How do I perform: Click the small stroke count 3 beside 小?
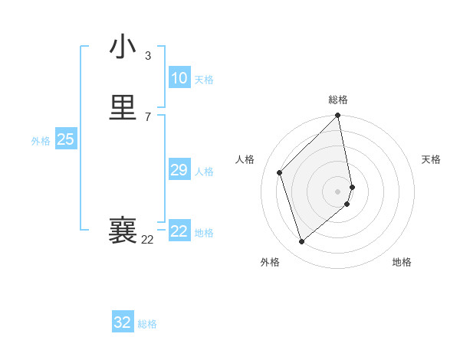148,56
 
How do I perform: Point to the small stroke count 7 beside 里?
148,116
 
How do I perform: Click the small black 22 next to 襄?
147,240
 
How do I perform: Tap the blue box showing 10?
179,78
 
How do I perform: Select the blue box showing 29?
179,170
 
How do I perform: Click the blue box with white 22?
179,231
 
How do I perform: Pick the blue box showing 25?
65,139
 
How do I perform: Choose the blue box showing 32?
123,322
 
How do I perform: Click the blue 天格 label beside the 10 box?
204,80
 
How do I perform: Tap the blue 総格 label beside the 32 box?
147,324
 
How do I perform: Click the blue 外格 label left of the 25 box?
41,141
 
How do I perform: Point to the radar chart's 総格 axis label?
338,100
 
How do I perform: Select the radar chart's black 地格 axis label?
402,262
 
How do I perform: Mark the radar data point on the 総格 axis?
338,116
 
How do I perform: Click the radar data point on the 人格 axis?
280,172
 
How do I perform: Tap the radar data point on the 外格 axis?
301,242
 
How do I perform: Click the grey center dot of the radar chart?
338,191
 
